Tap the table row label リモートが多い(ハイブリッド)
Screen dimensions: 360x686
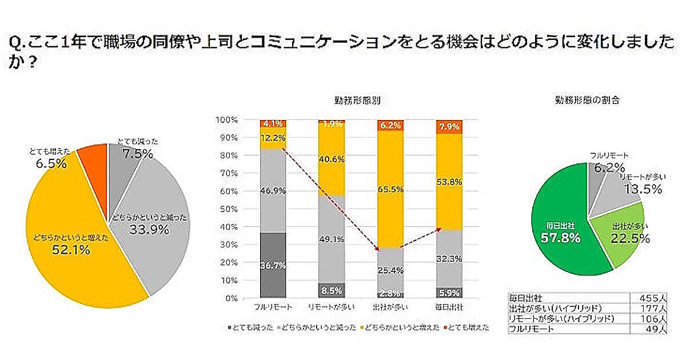point(560,318)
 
